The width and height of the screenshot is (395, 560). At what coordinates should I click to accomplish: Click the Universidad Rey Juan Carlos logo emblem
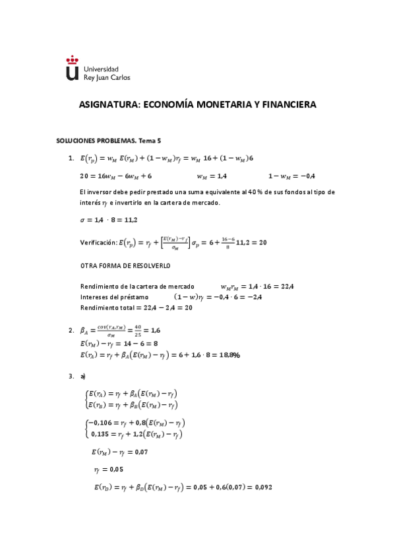72,68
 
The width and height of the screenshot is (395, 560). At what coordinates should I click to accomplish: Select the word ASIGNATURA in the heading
108,104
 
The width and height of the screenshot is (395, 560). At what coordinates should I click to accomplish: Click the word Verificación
99,242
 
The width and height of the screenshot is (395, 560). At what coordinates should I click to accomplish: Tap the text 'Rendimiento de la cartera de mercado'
137,287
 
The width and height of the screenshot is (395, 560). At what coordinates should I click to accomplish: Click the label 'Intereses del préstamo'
112,297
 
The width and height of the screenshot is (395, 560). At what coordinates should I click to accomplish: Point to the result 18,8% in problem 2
229,355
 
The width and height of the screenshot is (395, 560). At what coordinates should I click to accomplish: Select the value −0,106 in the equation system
101,422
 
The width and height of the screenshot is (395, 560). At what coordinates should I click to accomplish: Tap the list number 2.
71,330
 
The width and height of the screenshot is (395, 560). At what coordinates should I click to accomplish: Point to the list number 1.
71,158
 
